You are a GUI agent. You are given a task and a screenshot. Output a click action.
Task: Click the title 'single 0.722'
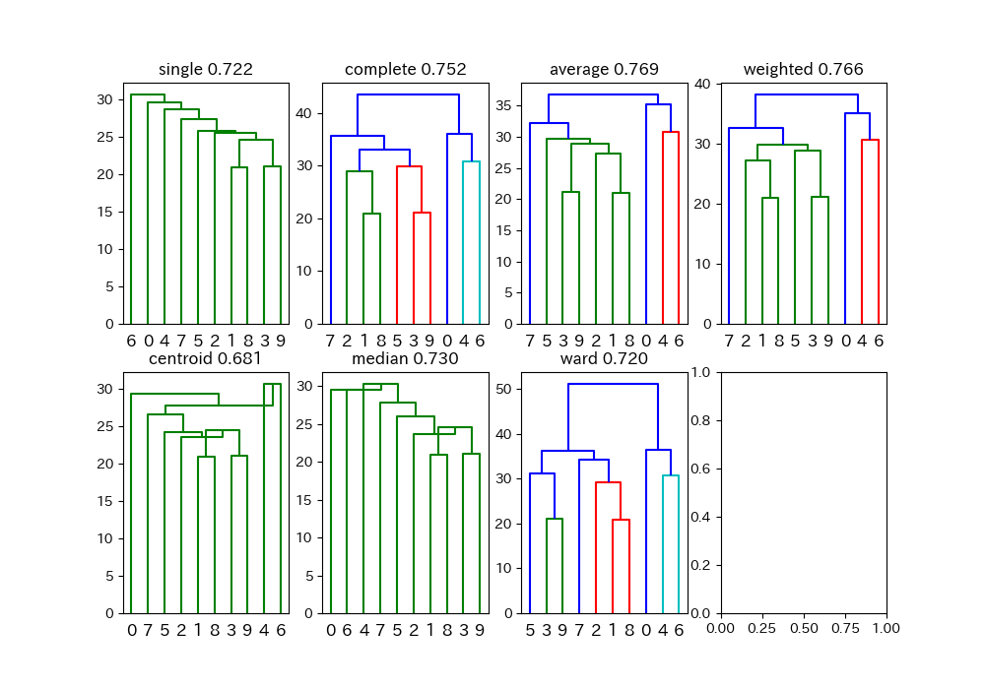tap(206, 69)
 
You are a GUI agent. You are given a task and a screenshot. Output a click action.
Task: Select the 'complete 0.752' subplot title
tap(405, 69)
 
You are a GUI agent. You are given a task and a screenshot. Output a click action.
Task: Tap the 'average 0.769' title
tap(605, 69)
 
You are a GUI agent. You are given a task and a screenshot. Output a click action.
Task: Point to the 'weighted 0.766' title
tap(804, 69)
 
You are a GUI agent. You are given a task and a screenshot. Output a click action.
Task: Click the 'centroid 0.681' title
tap(206, 358)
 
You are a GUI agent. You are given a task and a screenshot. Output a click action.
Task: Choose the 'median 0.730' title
tap(405, 358)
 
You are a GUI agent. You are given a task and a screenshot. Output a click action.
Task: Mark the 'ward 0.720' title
tap(605, 358)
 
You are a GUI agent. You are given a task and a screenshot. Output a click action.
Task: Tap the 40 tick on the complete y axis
tap(304, 113)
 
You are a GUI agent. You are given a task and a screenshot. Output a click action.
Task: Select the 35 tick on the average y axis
tap(503, 105)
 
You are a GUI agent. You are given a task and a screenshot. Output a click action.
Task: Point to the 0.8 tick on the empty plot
tap(700, 420)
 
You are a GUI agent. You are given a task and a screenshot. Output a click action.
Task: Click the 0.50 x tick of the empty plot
tap(804, 628)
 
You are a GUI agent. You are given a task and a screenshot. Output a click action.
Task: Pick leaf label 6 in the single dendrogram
tap(131, 341)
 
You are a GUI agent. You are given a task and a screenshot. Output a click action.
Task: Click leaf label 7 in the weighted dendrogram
tap(729, 341)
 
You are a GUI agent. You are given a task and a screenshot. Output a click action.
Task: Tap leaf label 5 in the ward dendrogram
tap(530, 630)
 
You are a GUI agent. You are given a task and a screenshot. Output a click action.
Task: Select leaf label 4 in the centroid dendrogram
tap(264, 630)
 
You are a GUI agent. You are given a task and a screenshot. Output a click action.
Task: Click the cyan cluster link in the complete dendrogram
tap(471, 161)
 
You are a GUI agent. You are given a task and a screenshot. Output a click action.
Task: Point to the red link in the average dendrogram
tap(670, 132)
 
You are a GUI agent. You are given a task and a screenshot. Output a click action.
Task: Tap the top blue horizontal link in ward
tap(613, 384)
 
